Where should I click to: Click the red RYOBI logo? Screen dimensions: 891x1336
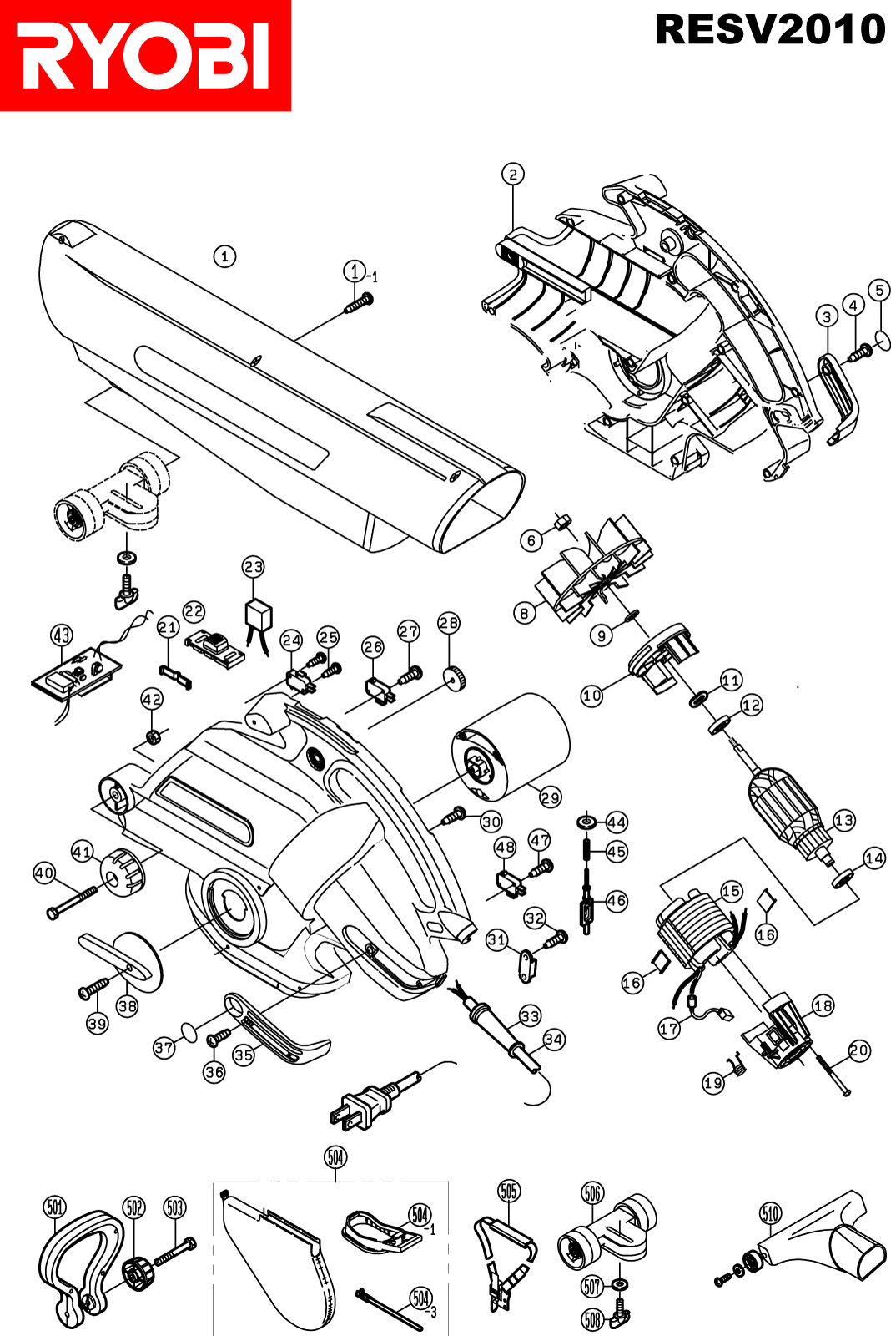point(145,55)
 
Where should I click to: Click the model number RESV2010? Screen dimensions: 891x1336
point(770,30)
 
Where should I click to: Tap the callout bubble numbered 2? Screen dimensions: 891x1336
point(512,175)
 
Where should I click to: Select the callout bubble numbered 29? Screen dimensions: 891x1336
point(550,797)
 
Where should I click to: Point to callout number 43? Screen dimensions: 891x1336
point(63,635)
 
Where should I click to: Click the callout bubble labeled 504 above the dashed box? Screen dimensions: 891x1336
point(335,1157)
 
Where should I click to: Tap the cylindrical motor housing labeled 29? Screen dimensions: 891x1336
point(510,748)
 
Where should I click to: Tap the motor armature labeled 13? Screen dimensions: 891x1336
point(791,813)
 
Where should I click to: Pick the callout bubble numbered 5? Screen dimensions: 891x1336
point(879,291)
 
